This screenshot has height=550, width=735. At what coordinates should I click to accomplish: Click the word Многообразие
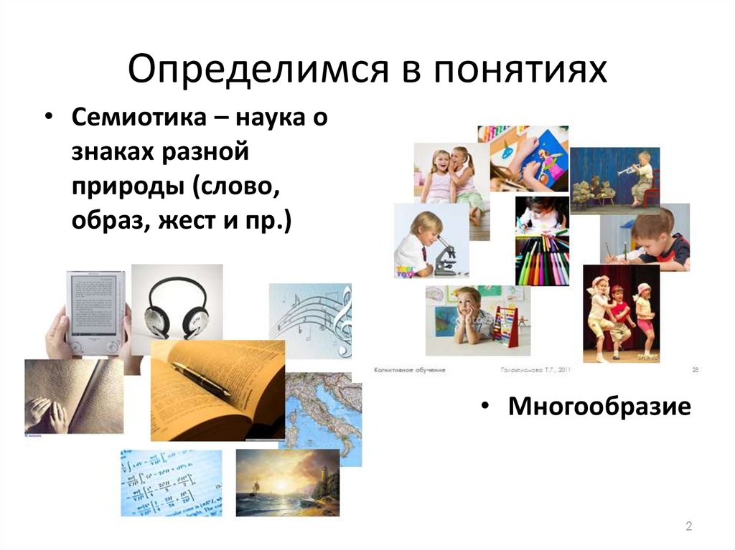click(x=599, y=407)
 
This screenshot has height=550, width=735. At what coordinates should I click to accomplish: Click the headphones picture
click(x=176, y=305)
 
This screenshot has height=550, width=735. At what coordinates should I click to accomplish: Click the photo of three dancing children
click(x=621, y=316)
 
